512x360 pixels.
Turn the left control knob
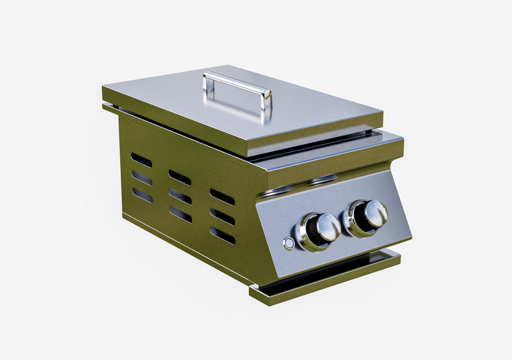(318, 229)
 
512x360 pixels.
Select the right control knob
(367, 215)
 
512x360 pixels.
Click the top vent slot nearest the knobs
(222, 197)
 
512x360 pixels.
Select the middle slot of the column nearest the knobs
(222, 216)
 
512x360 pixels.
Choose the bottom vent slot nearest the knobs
(222, 235)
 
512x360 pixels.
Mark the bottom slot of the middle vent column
(180, 215)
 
